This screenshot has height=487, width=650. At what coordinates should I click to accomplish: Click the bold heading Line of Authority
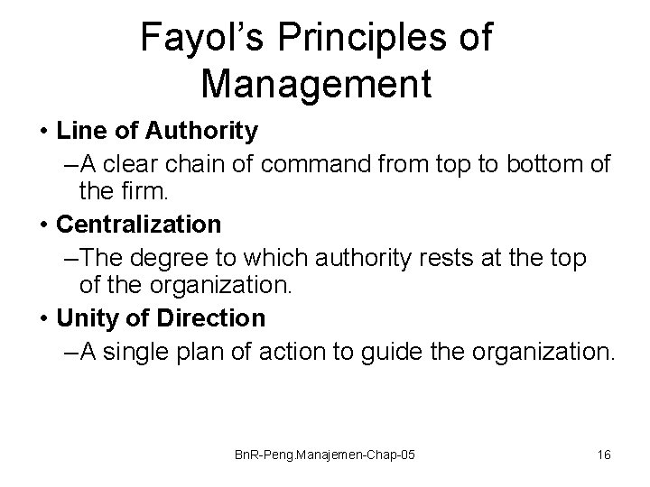point(156,132)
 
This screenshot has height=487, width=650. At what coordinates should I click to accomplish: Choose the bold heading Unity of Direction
point(161,318)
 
